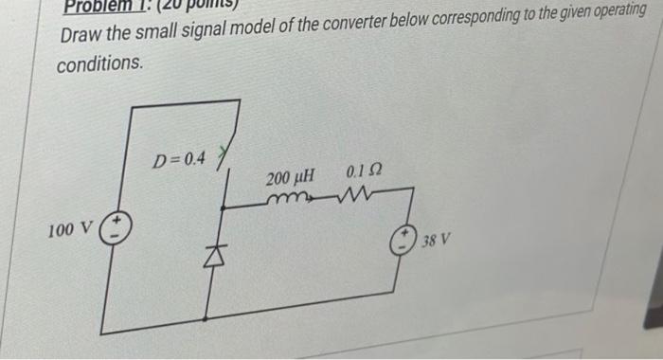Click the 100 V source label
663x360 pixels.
pyautogui.click(x=70, y=229)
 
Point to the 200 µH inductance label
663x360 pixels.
pyautogui.click(x=289, y=178)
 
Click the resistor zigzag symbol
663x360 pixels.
pyautogui.click(x=358, y=195)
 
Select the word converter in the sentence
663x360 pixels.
pyautogui.click(x=318, y=28)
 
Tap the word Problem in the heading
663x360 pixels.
pyautogui.click(x=95, y=7)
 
